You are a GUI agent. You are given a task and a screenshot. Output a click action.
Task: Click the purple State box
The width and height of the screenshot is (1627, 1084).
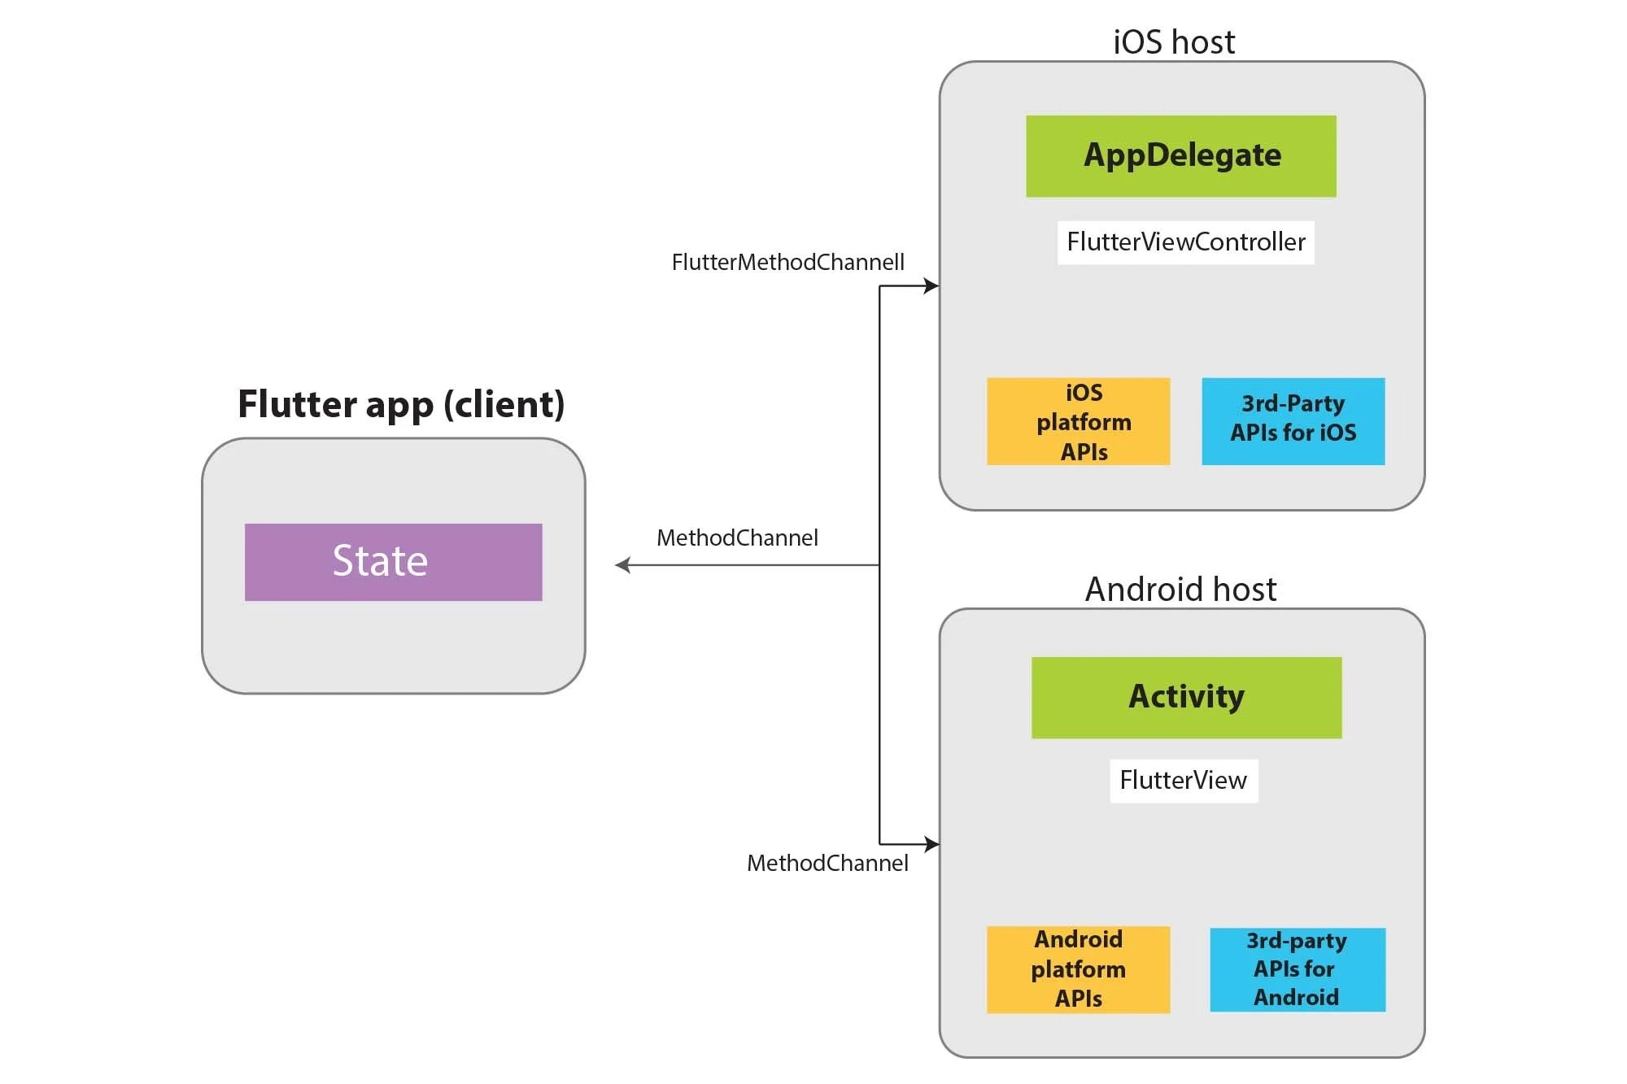point(393,562)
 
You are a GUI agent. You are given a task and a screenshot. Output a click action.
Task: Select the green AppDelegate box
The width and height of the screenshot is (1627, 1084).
point(1180,156)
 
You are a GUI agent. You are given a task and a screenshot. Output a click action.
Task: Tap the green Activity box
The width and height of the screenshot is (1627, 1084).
point(1186,697)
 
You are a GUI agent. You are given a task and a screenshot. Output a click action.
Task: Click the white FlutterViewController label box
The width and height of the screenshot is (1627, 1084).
point(1185,242)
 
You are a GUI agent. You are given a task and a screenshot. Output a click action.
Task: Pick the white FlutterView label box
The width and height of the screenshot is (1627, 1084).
point(1183,781)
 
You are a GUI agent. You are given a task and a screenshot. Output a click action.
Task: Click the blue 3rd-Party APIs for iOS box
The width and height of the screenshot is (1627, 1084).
point(1293,421)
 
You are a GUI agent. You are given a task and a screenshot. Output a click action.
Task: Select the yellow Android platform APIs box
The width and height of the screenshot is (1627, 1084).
point(1078,969)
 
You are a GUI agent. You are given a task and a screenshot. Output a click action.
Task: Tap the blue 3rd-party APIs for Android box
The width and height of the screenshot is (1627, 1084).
point(1297,969)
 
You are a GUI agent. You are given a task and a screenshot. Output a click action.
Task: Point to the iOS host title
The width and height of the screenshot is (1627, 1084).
point(1173,42)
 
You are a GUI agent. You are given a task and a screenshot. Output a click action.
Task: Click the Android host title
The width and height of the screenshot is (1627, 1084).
point(1180,590)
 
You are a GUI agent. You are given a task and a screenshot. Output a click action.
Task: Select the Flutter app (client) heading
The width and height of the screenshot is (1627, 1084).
point(401,404)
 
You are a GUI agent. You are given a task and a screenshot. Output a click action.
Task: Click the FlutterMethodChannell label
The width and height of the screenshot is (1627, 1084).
point(787,263)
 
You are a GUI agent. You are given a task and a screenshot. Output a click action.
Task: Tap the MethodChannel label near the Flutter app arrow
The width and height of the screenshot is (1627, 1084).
point(737,538)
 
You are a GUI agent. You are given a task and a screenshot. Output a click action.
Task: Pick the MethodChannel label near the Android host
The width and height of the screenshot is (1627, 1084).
point(827,864)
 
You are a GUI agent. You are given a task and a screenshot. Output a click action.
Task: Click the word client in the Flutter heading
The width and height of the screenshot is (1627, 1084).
point(504,405)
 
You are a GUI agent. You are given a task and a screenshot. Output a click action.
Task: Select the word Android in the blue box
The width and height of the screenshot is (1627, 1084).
point(1296,998)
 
